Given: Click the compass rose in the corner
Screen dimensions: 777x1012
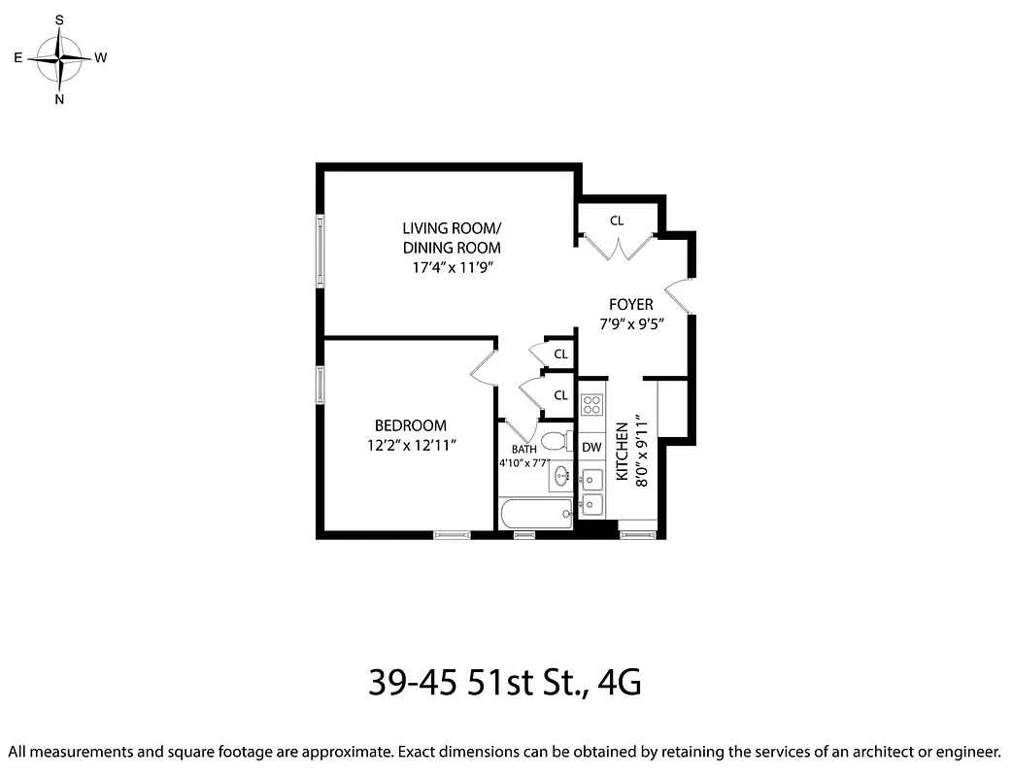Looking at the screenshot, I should coord(60,58).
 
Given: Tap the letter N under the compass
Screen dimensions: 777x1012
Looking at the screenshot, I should coord(60,99).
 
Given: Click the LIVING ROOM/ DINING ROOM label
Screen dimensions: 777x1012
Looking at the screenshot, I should coord(452,238).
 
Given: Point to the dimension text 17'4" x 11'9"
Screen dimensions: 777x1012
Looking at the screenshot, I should coord(452,267).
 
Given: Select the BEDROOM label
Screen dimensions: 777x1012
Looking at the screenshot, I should coord(411,425).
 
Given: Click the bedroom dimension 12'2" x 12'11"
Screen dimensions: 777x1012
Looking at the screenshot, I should coord(411,445).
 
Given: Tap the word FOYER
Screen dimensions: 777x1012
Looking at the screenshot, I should coord(631,305).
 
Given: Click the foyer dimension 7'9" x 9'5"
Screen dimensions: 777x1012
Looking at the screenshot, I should coord(631,323).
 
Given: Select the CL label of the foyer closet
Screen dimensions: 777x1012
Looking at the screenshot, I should coord(617,220).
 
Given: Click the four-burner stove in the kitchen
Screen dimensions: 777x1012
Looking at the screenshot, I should coord(591,405).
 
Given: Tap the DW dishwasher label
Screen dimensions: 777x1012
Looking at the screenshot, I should coord(591,448).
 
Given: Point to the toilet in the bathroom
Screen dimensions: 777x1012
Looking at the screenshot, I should coord(556,442).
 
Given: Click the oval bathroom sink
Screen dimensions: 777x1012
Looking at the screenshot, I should coord(560,476).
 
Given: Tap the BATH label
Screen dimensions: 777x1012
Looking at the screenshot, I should coord(524,450).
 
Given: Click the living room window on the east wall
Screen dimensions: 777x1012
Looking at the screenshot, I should coord(320,251).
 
